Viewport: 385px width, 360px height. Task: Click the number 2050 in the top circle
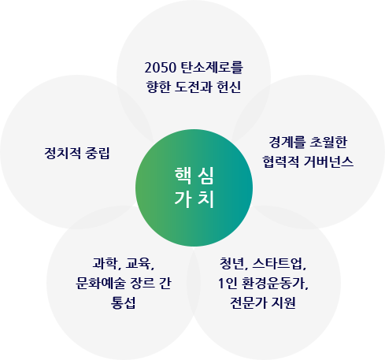coord(160,68)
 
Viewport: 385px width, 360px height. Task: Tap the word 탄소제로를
coord(213,67)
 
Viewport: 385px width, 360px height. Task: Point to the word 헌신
coord(229,87)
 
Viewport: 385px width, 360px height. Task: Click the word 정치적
coord(62,153)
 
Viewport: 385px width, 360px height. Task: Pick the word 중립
coord(98,153)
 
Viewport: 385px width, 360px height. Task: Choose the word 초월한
coord(329,142)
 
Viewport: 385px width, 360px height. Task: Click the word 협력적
coord(280,161)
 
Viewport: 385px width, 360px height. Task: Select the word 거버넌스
coord(328,161)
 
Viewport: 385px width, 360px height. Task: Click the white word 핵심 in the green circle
coord(194,176)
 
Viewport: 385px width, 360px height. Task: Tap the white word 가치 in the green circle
coord(194,199)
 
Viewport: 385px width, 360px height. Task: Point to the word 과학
coord(105,263)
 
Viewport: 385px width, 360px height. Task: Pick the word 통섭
coord(123,302)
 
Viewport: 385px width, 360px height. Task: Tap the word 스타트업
coord(278,263)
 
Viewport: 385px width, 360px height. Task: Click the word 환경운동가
coord(273,283)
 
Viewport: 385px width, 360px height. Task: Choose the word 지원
coord(283,302)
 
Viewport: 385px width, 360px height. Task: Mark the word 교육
coord(139,263)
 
